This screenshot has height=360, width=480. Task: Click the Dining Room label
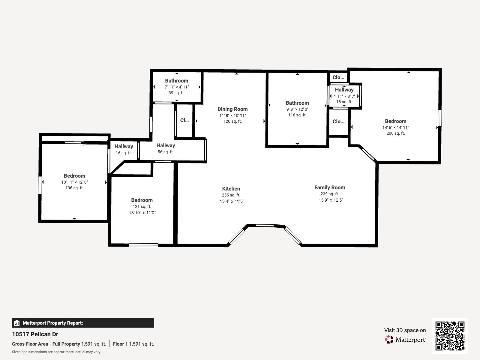(232, 109)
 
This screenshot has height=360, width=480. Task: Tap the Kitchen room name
(231, 189)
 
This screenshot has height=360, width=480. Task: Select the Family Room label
(329, 187)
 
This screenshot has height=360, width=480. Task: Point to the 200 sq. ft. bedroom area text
(395, 133)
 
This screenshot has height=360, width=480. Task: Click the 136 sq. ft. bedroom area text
(74, 188)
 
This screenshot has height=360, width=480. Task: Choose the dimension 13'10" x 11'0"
(142, 213)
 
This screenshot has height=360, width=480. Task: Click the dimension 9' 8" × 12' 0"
(297, 109)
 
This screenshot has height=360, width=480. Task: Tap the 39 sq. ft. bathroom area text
(176, 93)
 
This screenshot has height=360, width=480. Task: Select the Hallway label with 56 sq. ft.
(166, 145)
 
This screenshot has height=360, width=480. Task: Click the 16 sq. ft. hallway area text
(124, 153)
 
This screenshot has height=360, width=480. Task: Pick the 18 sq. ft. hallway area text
(344, 102)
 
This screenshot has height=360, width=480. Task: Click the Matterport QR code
(450, 336)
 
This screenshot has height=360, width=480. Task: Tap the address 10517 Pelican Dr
(35, 334)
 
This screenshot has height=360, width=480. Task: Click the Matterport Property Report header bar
(83, 323)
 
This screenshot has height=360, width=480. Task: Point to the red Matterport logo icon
(389, 340)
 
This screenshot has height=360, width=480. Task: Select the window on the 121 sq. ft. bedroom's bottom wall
(143, 245)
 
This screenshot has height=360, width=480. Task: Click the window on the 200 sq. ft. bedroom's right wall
(440, 118)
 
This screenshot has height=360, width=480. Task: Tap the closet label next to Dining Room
(184, 120)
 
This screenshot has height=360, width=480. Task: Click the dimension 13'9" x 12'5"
(331, 200)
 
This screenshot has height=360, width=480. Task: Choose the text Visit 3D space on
(405, 330)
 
